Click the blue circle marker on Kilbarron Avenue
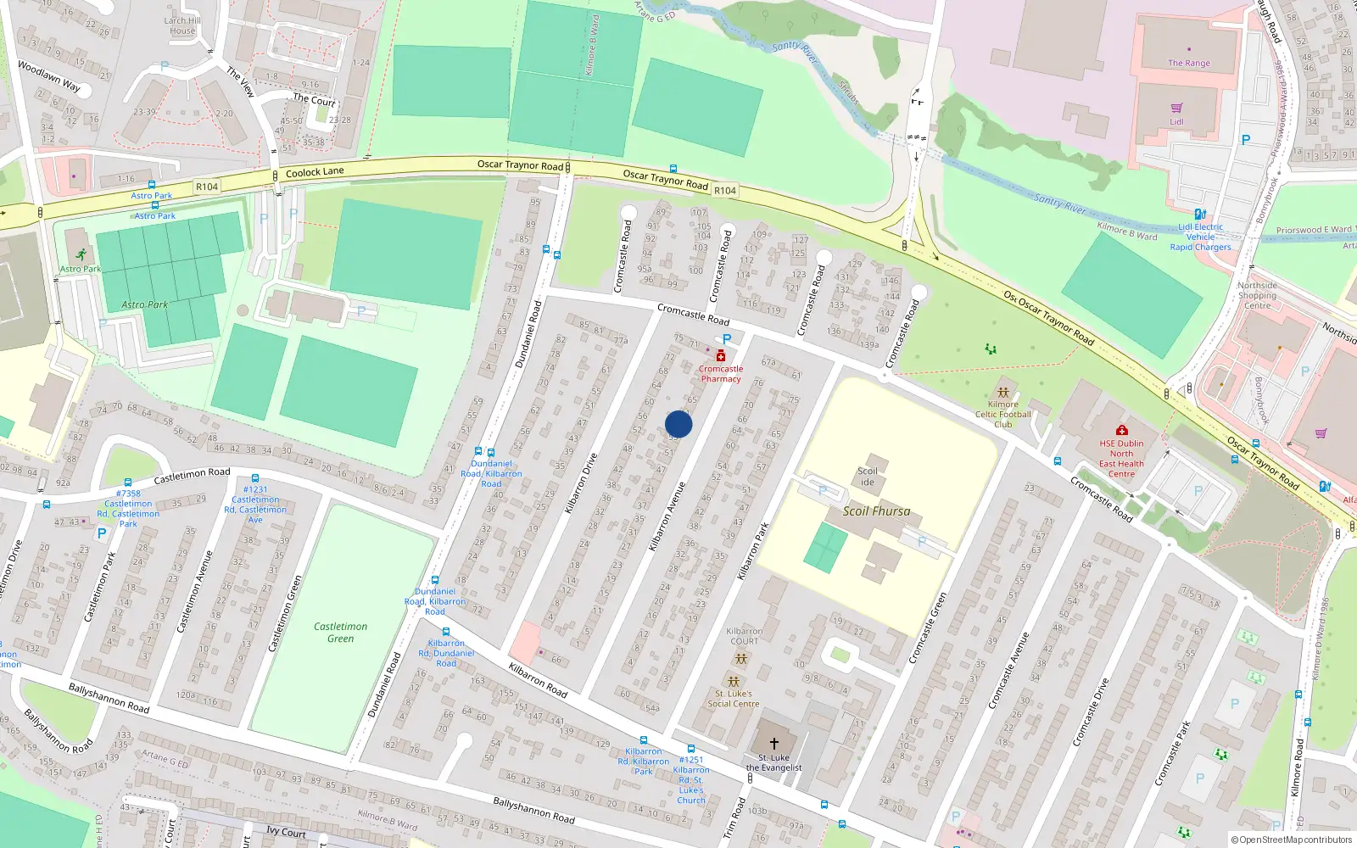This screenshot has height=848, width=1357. (x=678, y=424)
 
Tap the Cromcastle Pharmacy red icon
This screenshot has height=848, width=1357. (x=721, y=356)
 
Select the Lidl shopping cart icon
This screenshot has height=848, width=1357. (x=1176, y=109)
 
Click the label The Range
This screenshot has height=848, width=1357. (x=1188, y=63)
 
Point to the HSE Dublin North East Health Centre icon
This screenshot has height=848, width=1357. (x=1122, y=430)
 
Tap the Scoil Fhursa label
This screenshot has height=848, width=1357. (x=876, y=511)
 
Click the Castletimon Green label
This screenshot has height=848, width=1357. (x=341, y=633)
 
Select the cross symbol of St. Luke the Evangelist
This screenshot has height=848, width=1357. (x=773, y=744)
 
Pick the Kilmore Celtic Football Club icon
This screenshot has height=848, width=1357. (x=1003, y=393)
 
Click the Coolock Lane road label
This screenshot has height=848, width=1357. (x=315, y=172)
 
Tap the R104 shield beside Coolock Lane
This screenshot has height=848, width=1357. (x=207, y=187)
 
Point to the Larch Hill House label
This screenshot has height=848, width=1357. (x=182, y=25)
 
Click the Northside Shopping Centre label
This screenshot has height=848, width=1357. (x=1257, y=295)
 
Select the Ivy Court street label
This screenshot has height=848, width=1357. (x=286, y=832)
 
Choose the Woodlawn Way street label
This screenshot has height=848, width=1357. (x=49, y=76)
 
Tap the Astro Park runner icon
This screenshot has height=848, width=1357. (x=81, y=254)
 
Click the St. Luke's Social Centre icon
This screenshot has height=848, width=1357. (x=734, y=682)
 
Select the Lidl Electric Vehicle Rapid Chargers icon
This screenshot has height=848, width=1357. (x=1200, y=215)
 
